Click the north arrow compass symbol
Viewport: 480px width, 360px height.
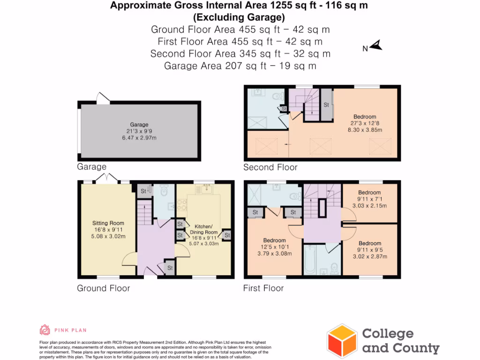point(377,45)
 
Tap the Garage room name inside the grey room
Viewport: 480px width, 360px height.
point(139,125)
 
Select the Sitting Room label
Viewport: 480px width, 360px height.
point(108,223)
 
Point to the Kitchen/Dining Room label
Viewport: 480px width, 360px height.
point(203,229)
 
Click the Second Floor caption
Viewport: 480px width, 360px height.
point(270,167)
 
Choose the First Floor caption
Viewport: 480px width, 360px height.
point(263,288)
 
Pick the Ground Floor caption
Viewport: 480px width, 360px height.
point(103,288)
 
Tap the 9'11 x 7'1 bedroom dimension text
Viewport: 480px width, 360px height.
point(369,199)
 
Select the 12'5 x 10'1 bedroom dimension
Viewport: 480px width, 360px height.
point(274,247)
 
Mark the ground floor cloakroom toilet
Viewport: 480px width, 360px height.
point(164,192)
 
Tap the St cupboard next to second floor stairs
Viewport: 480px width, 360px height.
point(326,105)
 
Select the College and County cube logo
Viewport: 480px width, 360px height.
point(342,341)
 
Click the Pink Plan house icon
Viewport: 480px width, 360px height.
point(45,330)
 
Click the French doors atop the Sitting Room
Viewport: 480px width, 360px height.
point(108,178)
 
